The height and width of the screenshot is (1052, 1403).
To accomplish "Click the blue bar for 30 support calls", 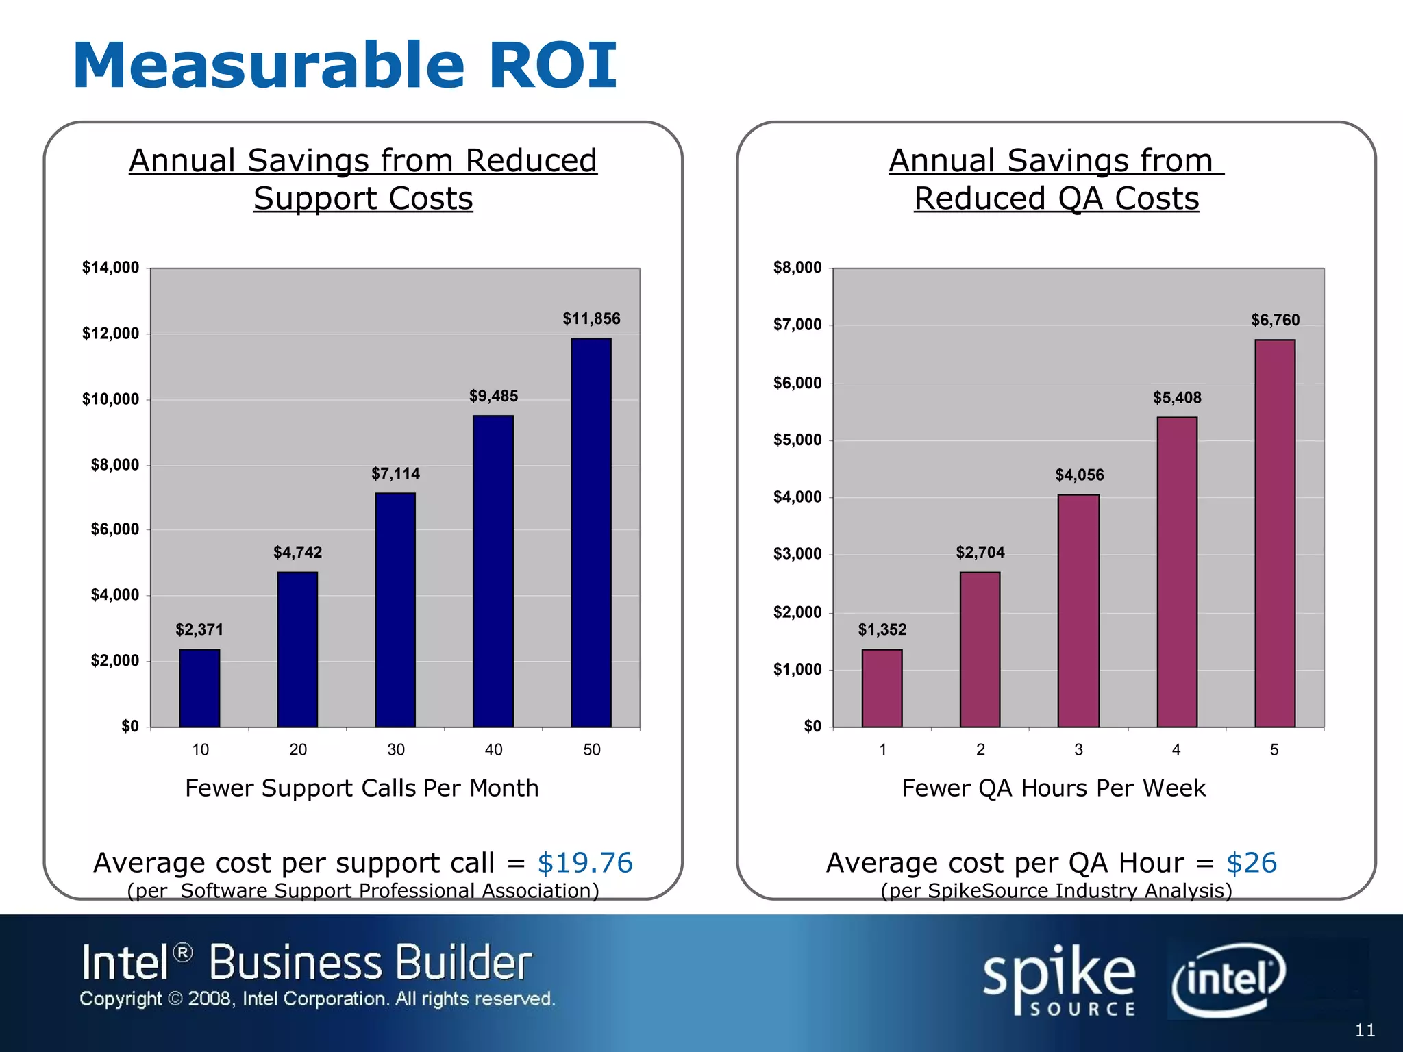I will point(395,610).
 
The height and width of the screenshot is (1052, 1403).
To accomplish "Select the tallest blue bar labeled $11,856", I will point(591,532).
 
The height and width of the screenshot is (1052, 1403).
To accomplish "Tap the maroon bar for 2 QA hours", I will point(980,649).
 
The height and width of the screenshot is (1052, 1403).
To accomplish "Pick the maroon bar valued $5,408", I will point(1177,572).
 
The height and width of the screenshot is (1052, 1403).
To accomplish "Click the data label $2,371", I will point(199,629).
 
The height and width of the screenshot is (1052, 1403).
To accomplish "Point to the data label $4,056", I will point(1080,475).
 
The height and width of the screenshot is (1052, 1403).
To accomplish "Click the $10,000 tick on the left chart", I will point(110,399).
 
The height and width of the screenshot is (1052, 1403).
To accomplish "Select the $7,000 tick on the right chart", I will point(797,325).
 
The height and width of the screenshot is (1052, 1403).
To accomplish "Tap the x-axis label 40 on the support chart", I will point(493,750).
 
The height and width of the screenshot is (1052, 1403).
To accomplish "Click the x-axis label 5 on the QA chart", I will point(1274,750).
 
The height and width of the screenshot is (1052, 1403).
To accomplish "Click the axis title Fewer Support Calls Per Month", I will point(362,788).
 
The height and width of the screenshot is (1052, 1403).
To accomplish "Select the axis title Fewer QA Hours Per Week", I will point(1054,788).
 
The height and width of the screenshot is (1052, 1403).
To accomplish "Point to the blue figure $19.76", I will point(585,863).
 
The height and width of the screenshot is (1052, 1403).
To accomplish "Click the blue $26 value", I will point(1252,863).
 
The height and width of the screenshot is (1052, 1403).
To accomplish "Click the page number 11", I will point(1365,1030).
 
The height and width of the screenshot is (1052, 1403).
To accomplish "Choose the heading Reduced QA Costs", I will point(1056,199).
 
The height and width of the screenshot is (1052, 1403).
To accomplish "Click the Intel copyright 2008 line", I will point(317,999).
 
